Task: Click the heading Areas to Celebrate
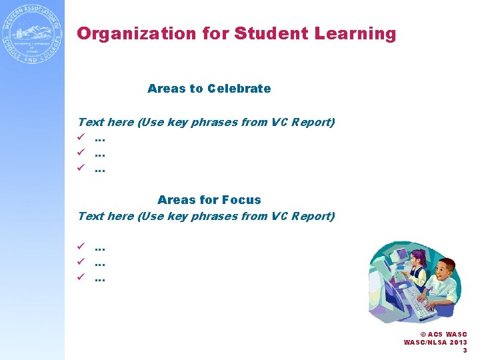(209, 89)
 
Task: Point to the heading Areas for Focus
(209, 200)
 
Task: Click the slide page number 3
(465, 351)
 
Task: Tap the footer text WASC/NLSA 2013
(435, 343)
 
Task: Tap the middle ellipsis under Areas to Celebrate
(100, 155)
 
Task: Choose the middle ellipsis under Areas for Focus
(100, 263)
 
